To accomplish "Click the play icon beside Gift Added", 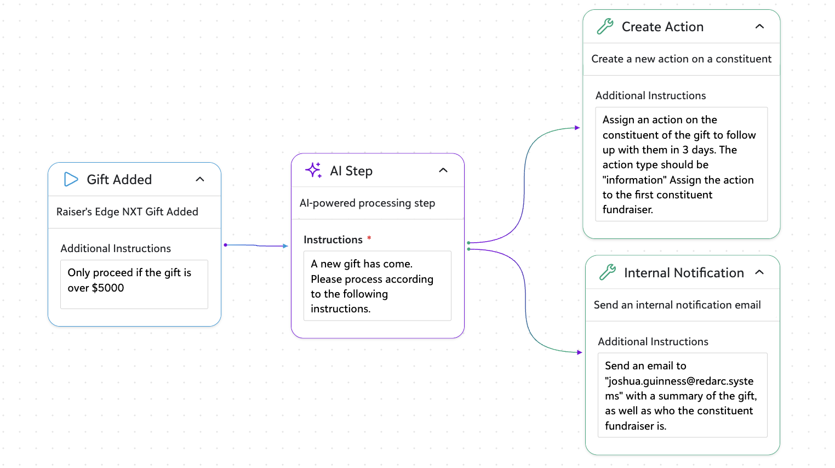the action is coord(71,179).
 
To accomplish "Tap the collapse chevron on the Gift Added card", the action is coord(200,179).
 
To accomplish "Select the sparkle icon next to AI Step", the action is coord(313,170).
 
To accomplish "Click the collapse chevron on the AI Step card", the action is coord(443,170).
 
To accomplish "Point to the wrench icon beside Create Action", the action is coord(605,26).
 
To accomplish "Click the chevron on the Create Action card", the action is coord(759,26).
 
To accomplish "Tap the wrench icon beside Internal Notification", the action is coord(608,272).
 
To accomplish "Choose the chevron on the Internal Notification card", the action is coord(759,272).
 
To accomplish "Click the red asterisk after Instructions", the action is coord(369,238).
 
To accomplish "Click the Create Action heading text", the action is coord(662,27).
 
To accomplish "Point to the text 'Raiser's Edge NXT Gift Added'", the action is coord(127,212).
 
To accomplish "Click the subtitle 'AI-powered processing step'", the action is coord(367,203).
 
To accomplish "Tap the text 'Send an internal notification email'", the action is coord(677,305).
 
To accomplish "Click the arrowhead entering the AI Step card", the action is coord(285,246).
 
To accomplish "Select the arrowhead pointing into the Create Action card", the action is coord(577,128).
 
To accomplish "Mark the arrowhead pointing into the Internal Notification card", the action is coord(580,352).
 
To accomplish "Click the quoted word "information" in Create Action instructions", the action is coord(635,180).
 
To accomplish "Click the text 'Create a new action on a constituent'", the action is coord(682,59).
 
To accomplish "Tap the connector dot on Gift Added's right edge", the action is coord(226,245).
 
